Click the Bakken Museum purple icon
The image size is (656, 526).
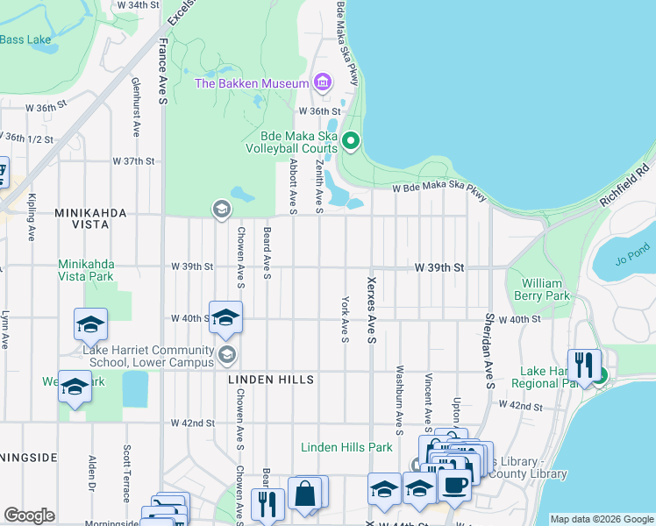pos(322,83)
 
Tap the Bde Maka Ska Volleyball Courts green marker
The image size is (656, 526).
pos(351,141)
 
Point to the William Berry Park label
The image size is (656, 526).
pos(546,289)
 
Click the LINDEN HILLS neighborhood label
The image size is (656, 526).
pos(270,380)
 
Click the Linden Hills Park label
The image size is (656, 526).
pos(346,447)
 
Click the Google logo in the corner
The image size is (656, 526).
pos(29,515)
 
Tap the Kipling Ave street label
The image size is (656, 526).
pos(32,217)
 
